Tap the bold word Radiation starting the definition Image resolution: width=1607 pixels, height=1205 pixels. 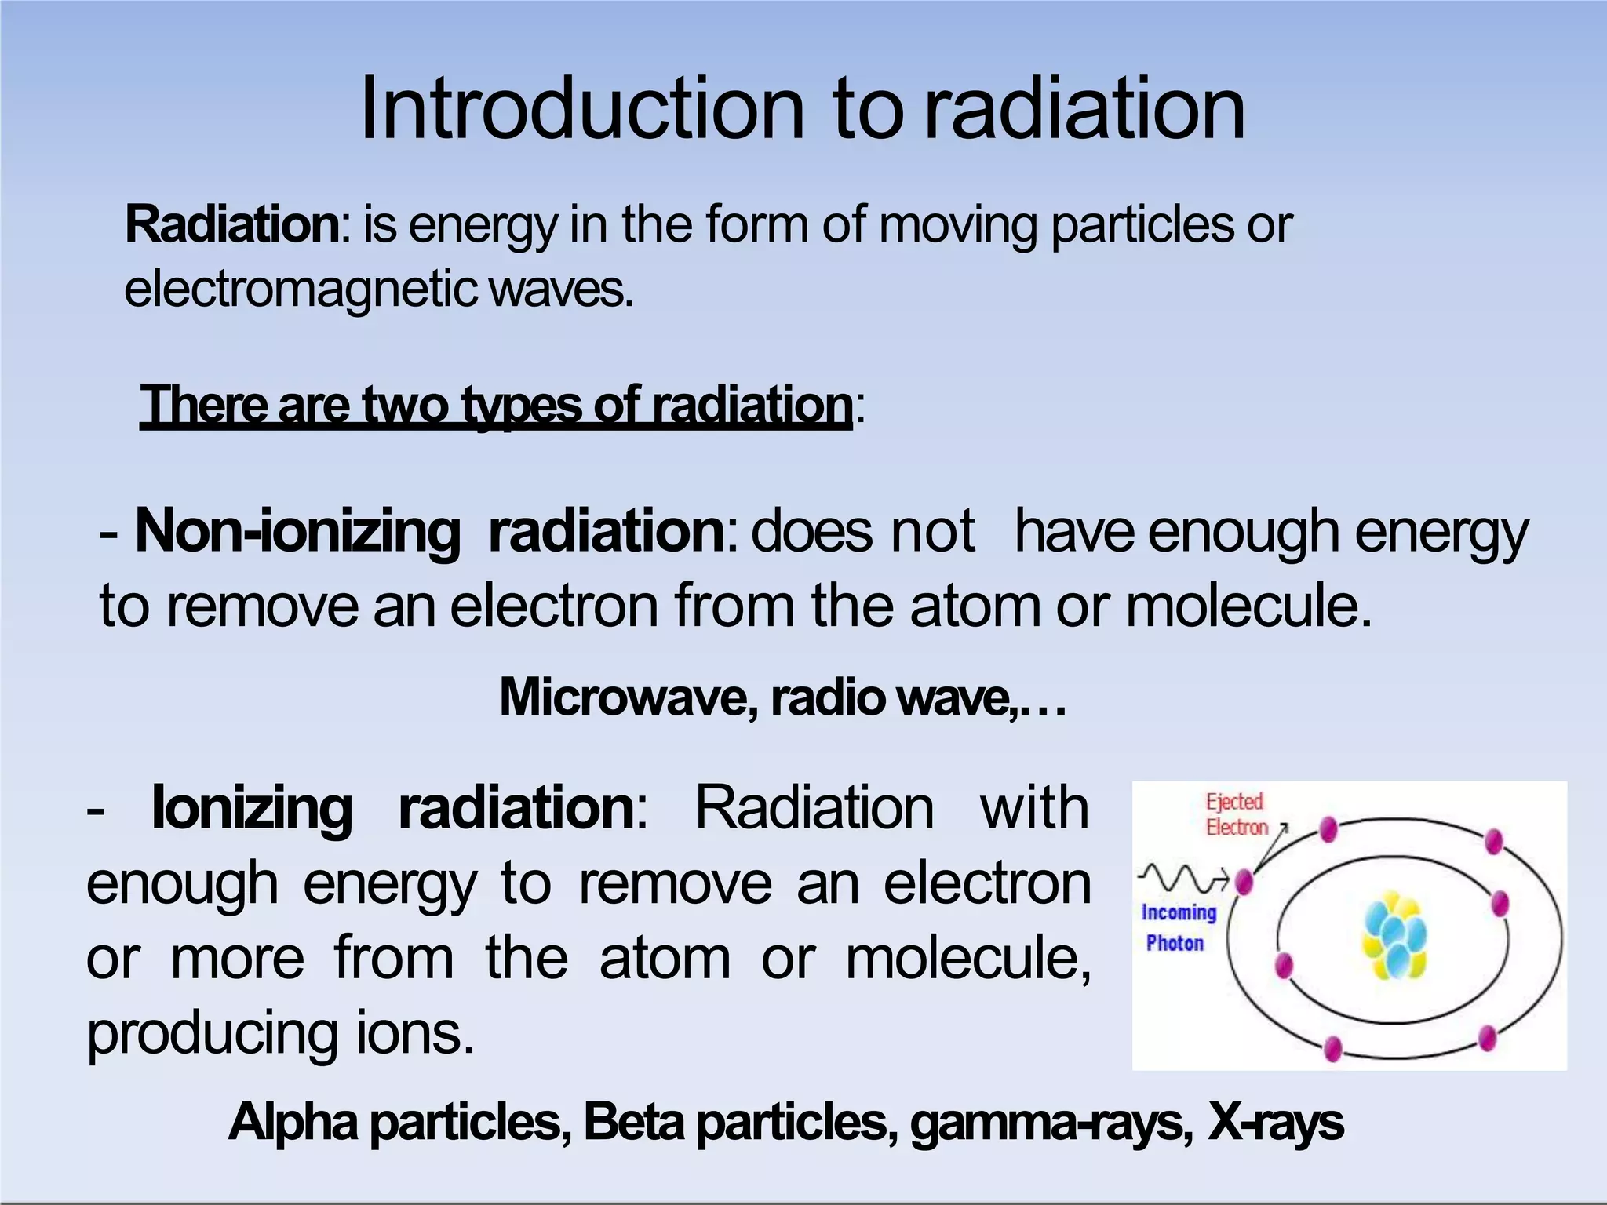point(232,225)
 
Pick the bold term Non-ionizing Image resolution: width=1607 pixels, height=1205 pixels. point(297,532)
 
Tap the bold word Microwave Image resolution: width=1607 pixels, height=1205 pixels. point(629,697)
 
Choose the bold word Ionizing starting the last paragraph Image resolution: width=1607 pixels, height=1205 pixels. point(252,808)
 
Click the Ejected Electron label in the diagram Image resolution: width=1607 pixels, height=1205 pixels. point(1236,814)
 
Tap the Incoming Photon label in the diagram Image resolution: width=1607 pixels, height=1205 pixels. point(1177,927)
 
